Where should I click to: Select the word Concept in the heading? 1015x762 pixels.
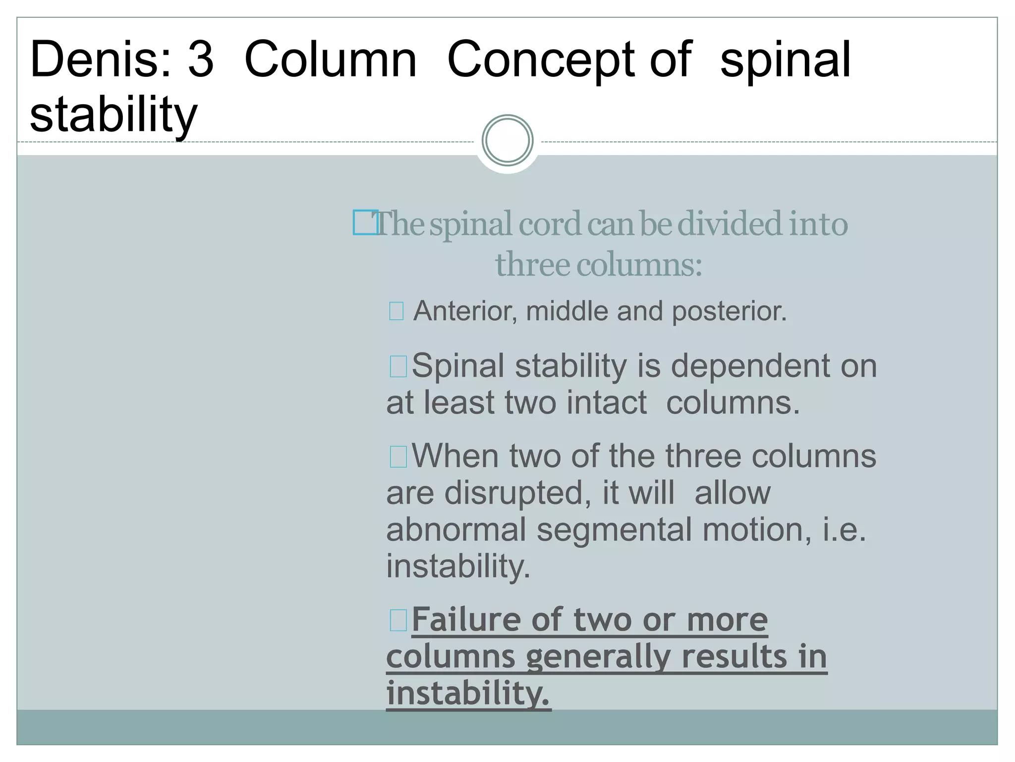[541, 61]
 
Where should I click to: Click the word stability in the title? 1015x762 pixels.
[113, 115]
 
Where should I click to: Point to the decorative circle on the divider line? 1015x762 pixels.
[507, 140]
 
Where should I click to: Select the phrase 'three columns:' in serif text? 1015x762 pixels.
[599, 264]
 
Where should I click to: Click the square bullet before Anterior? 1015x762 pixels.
[396, 312]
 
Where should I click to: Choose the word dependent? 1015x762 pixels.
[750, 366]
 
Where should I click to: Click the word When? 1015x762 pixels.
[455, 456]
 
